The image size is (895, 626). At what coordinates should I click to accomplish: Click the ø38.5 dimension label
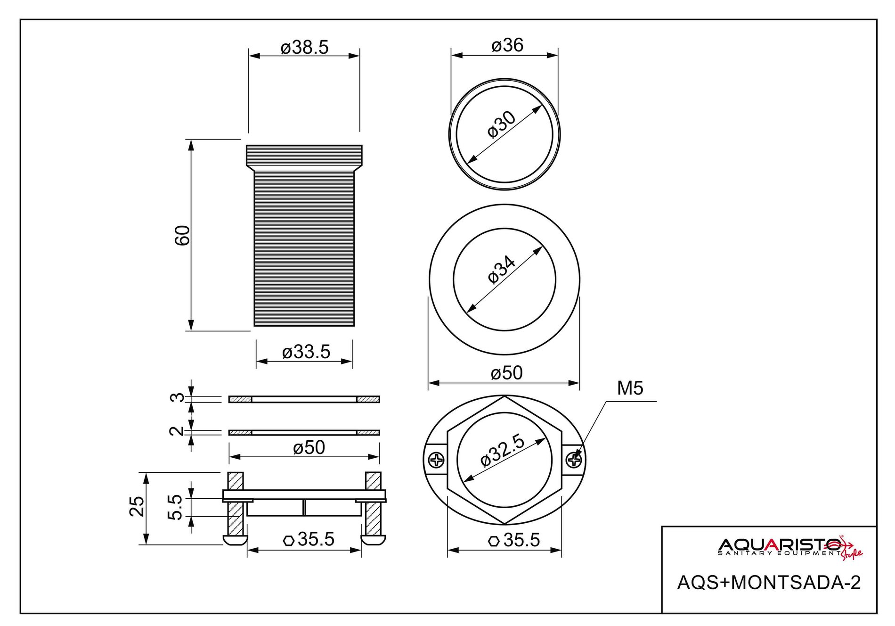click(x=304, y=48)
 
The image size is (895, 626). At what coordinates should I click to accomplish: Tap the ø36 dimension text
click(x=507, y=45)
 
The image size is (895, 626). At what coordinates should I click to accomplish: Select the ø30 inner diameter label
click(x=502, y=124)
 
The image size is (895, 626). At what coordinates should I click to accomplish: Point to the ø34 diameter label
click(x=502, y=270)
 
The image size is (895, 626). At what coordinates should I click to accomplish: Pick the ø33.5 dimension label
click(x=306, y=352)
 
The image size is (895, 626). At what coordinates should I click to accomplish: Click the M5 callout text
click(x=630, y=388)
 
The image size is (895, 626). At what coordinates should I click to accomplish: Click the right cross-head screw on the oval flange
click(x=574, y=459)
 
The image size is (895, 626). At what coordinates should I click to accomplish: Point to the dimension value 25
click(x=137, y=506)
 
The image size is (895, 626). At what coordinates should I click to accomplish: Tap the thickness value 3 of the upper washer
click(x=176, y=398)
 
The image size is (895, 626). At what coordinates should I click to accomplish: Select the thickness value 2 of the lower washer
click(x=176, y=431)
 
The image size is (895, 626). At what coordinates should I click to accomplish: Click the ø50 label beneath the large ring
click(x=506, y=373)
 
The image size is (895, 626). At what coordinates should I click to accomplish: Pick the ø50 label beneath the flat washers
click(x=309, y=447)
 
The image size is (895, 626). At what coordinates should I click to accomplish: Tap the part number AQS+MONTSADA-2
click(x=769, y=583)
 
